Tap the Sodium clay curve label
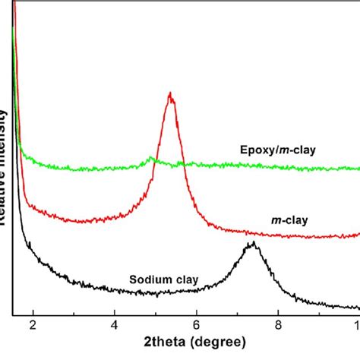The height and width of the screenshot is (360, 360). click(x=163, y=279)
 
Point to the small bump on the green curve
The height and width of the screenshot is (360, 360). click(x=151, y=159)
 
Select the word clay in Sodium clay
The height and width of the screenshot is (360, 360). click(x=185, y=279)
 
